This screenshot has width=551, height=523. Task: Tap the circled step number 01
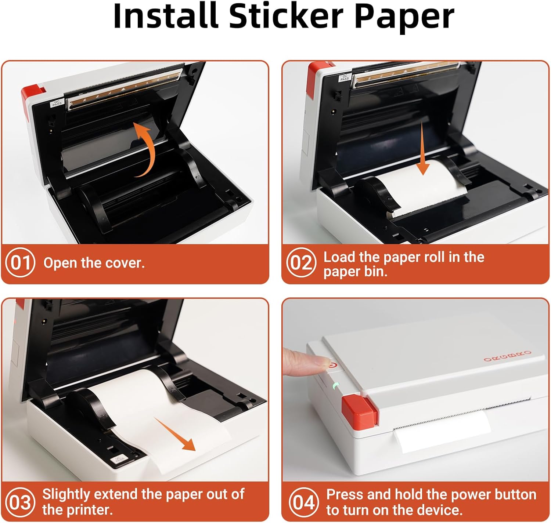pyautogui.click(x=20, y=262)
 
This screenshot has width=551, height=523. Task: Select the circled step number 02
pyautogui.click(x=301, y=262)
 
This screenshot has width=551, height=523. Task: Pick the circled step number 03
pyautogui.click(x=20, y=502)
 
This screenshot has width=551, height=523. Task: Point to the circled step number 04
pyautogui.click(x=304, y=502)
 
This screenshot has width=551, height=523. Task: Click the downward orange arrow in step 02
pyautogui.click(x=423, y=149)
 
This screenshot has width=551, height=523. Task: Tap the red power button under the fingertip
pyautogui.click(x=332, y=365)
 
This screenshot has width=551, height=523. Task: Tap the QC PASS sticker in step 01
pyautogui.click(x=57, y=102)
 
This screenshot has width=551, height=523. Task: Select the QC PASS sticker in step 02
pyautogui.click(x=345, y=77)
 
